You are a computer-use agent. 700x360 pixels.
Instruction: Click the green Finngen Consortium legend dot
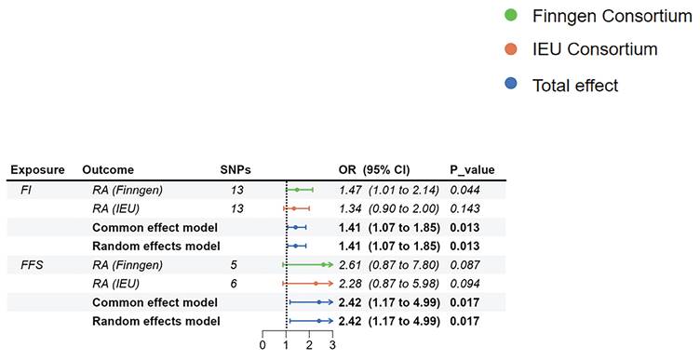tap(511, 16)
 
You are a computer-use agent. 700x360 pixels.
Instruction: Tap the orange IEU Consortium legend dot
tap(511, 49)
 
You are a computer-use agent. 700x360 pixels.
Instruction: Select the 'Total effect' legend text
tap(575, 86)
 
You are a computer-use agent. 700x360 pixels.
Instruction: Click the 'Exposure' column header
tap(37, 170)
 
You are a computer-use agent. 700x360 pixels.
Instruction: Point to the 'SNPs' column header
tap(236, 170)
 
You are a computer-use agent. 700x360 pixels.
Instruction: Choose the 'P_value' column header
tap(472, 170)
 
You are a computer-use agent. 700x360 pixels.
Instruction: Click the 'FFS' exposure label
tap(33, 265)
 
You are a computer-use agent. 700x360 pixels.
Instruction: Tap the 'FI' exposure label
tap(26, 190)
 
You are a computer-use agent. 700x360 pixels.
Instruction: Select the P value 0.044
tap(464, 190)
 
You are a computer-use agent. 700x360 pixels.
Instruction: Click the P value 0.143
tap(464, 208)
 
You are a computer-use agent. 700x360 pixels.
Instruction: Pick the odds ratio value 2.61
tap(350, 265)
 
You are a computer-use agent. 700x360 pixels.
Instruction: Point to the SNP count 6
tap(234, 284)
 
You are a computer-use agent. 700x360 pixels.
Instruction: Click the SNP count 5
tap(234, 265)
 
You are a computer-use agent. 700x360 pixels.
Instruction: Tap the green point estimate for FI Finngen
tap(297, 190)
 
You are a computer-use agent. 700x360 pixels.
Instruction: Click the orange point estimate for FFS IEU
tap(316, 284)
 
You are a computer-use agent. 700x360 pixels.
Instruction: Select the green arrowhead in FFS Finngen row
tap(330, 265)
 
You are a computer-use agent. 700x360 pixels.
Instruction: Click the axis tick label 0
tap(262, 345)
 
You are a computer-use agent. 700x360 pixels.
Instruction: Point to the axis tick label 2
tap(309, 345)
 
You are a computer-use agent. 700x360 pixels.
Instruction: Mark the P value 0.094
tap(464, 284)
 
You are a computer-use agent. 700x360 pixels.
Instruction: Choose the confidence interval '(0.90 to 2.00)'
tap(404, 208)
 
